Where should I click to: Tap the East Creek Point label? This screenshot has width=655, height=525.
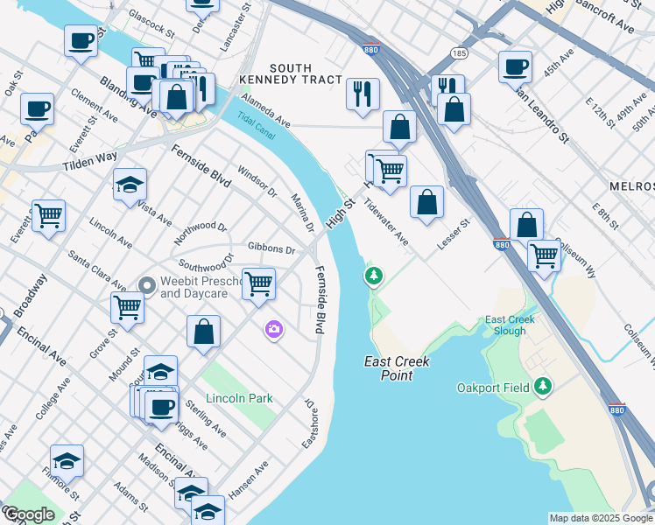[x=388, y=368]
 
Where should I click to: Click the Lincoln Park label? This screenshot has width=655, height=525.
[x=239, y=398]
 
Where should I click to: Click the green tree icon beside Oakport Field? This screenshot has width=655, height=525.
[x=544, y=386]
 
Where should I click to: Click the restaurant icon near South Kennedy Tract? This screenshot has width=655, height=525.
[x=363, y=94]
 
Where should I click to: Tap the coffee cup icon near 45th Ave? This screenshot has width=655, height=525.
[x=515, y=66]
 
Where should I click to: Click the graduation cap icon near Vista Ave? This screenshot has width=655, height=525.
[x=130, y=184]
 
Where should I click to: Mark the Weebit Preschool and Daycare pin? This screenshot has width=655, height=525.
[x=147, y=284]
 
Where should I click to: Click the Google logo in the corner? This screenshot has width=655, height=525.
[x=29, y=514]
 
